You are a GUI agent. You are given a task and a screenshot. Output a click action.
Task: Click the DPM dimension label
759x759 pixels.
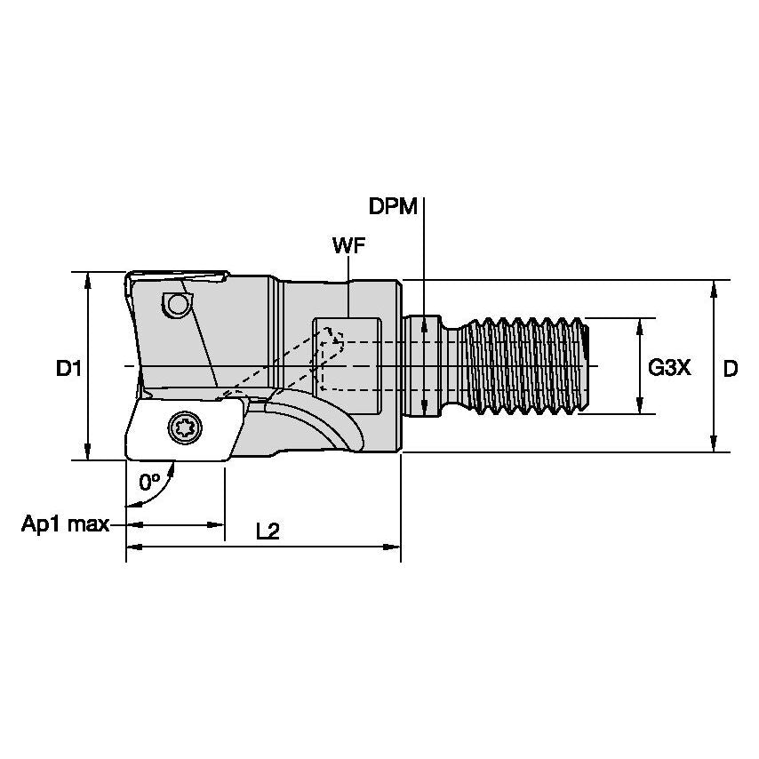point(394,207)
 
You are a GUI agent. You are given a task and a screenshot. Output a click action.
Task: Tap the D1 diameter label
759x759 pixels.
point(68,367)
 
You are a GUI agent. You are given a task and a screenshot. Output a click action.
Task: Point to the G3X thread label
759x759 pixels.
point(668,367)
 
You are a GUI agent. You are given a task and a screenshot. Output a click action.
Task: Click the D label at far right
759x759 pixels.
point(730,367)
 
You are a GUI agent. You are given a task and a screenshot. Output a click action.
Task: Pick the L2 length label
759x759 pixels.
point(268,531)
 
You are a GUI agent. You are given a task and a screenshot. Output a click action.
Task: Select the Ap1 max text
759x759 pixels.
point(65,524)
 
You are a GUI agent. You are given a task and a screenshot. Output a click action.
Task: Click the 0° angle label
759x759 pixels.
point(150,483)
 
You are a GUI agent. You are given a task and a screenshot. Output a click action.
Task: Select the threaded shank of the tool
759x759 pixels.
point(524,365)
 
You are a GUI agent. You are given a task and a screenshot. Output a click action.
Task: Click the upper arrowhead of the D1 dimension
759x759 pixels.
point(87,278)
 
